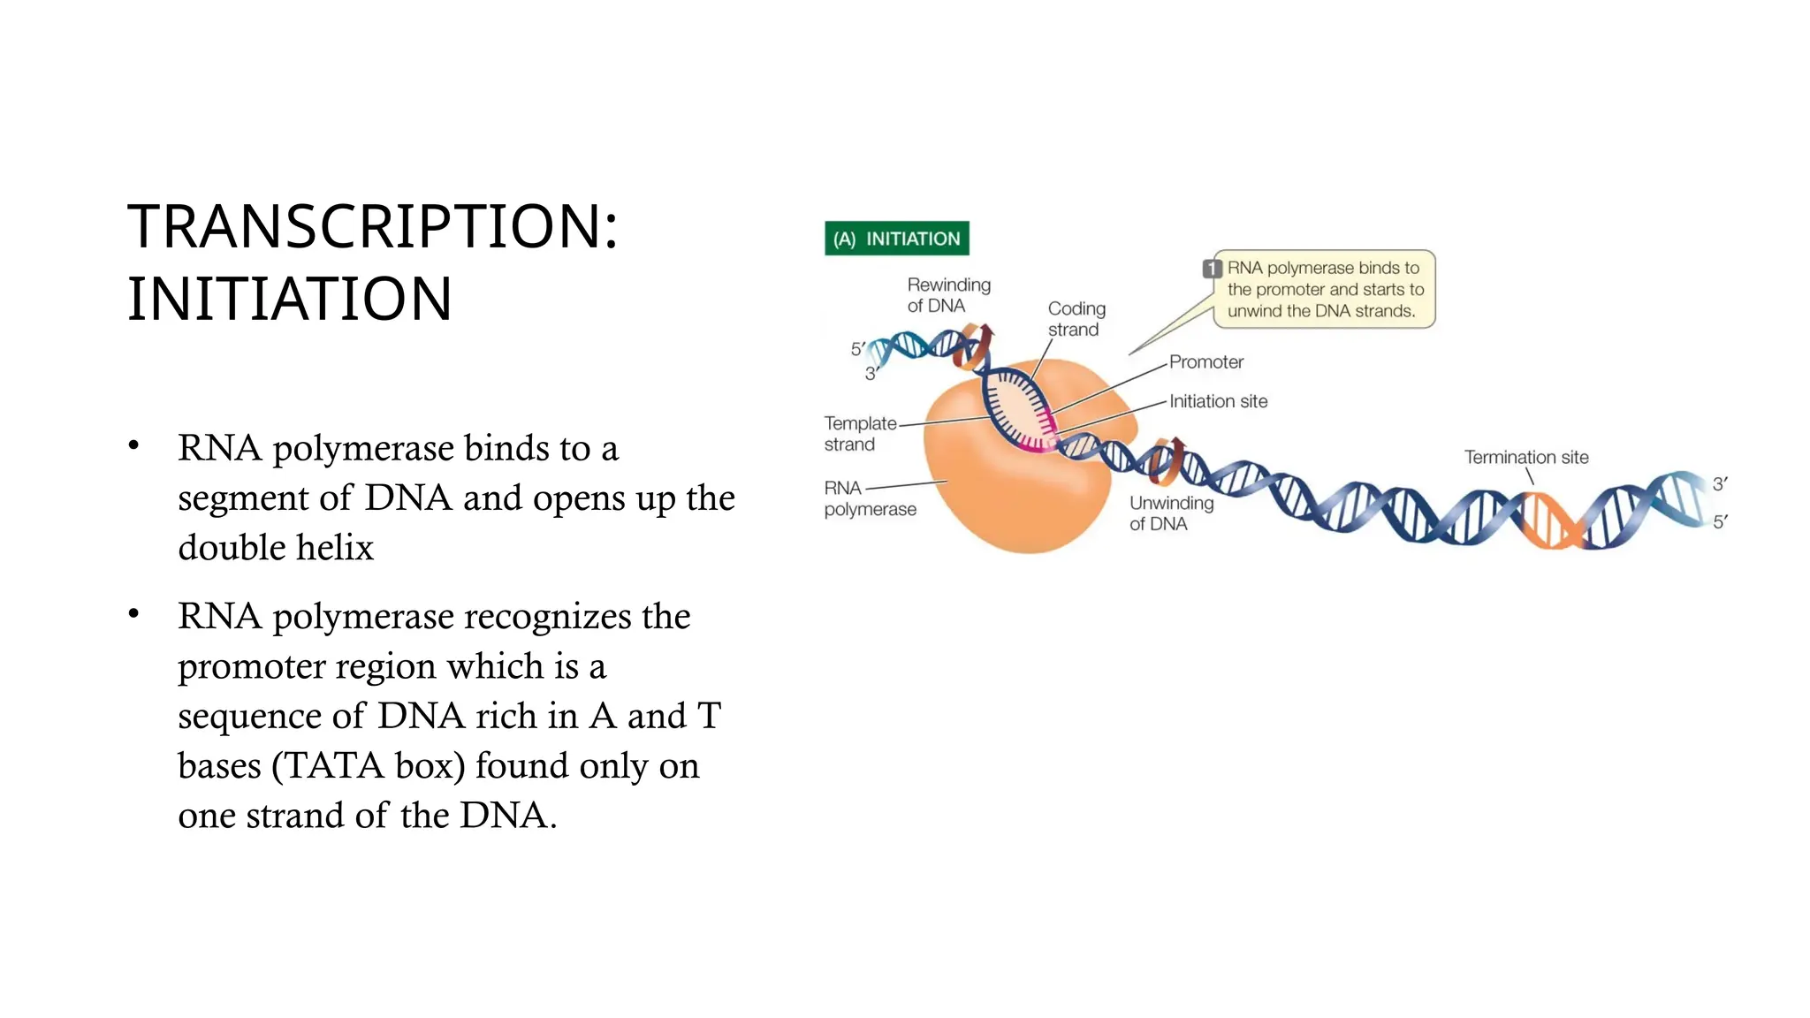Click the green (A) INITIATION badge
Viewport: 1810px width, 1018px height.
tap(896, 239)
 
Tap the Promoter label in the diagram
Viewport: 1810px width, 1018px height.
tap(1205, 362)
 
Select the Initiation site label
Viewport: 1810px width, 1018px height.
tap(1218, 401)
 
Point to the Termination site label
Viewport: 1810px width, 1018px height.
tap(1525, 458)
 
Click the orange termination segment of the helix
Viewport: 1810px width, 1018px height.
tap(1548, 521)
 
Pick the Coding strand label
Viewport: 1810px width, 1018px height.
tap(1076, 319)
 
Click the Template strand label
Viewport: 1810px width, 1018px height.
tap(859, 434)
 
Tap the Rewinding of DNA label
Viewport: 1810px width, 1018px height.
tap(948, 295)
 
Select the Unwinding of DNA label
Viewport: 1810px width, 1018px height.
tap(1170, 513)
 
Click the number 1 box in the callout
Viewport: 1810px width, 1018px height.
tap(1212, 269)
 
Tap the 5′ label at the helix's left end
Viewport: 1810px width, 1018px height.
tap(857, 349)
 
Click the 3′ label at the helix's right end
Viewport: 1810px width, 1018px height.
tap(1719, 483)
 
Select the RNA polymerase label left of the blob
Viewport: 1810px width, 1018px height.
tap(869, 498)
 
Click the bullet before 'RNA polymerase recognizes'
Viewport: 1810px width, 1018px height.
tap(133, 613)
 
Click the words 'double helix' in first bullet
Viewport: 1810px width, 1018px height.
tap(276, 548)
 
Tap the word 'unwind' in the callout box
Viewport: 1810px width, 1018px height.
tap(1254, 311)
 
